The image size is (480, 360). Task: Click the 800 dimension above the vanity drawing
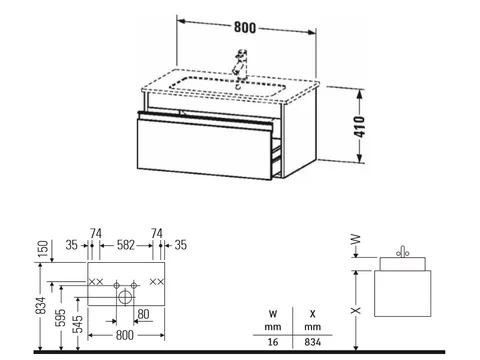[245, 27]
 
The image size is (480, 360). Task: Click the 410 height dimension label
[360, 127]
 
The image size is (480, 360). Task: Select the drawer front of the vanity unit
[204, 149]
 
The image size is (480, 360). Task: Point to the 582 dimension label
[126, 245]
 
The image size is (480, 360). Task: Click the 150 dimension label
[44, 249]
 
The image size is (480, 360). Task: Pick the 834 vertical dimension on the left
[41, 305]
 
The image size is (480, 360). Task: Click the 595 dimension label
[62, 318]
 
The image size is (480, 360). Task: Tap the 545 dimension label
[78, 324]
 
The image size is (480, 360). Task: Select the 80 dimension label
[143, 314]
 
